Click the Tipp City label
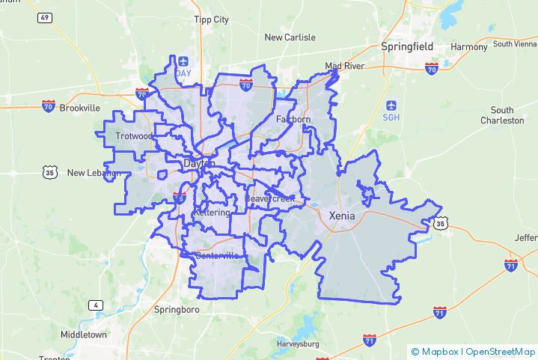pos(211,19)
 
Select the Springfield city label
pos(407,46)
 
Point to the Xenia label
pos(342,216)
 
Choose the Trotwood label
pos(134,136)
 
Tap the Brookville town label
pos(80,108)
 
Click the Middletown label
pos(84,335)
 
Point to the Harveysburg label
pos(299,344)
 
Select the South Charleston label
pos(502,115)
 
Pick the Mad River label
pos(344,66)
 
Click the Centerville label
pos(217,256)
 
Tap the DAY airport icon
pos(183,61)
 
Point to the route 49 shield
pos(45,17)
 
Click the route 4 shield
pos(95,305)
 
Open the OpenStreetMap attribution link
pos(501,352)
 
